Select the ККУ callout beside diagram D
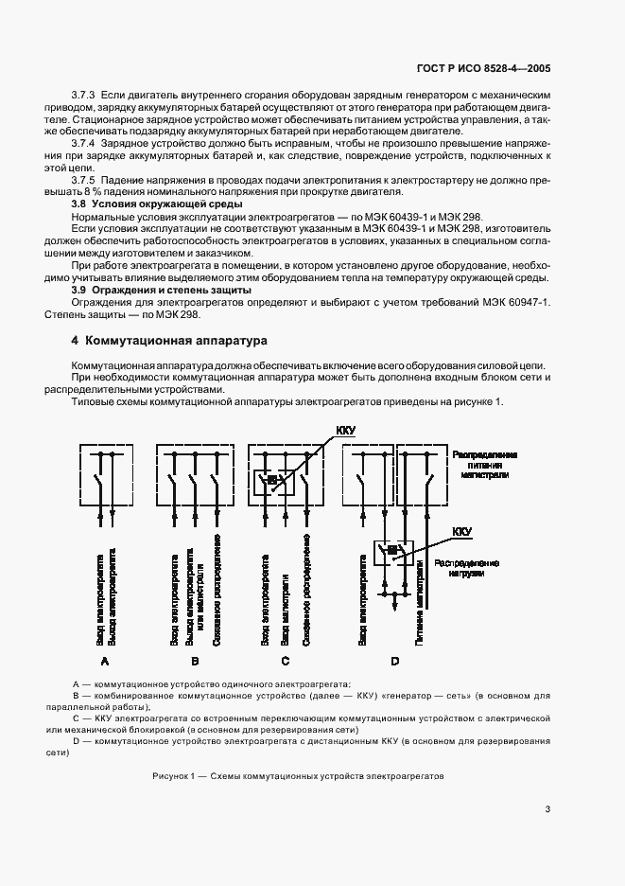point(462,532)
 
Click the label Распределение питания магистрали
point(486,464)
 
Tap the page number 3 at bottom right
point(548,808)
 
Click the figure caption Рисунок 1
point(297,775)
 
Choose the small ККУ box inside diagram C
point(271,481)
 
